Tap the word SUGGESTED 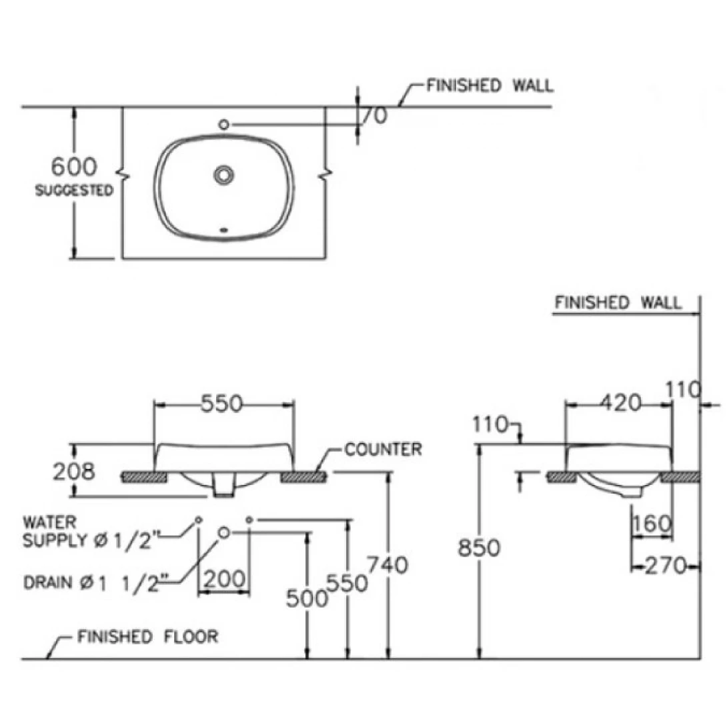(x=73, y=191)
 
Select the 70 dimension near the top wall (x=374, y=115)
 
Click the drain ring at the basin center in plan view (x=223, y=175)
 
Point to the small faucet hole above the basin (x=224, y=124)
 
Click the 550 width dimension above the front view (x=223, y=404)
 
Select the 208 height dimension (x=73, y=472)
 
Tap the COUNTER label (x=383, y=450)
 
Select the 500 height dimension (x=307, y=599)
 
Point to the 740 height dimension (x=388, y=566)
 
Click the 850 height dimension (x=479, y=548)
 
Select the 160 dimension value (x=652, y=525)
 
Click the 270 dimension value (x=666, y=566)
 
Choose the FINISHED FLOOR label (x=147, y=636)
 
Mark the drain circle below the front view (x=224, y=532)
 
